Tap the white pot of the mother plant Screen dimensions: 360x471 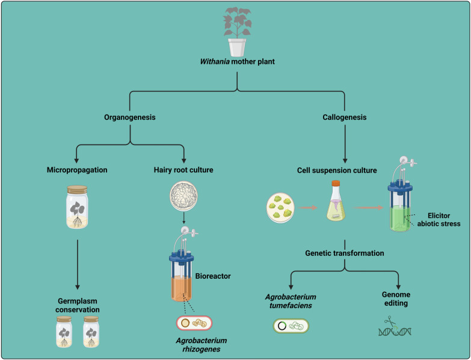point(237,46)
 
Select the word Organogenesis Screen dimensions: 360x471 point(131,118)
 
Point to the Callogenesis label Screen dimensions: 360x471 point(345,118)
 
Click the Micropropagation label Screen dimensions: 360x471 point(77,170)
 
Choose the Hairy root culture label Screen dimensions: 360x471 point(183,170)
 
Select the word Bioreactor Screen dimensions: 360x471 point(213,276)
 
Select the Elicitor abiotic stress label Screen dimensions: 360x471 point(438,219)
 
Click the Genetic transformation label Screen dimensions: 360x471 point(344,253)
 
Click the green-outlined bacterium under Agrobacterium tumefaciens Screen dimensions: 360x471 point(291,327)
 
